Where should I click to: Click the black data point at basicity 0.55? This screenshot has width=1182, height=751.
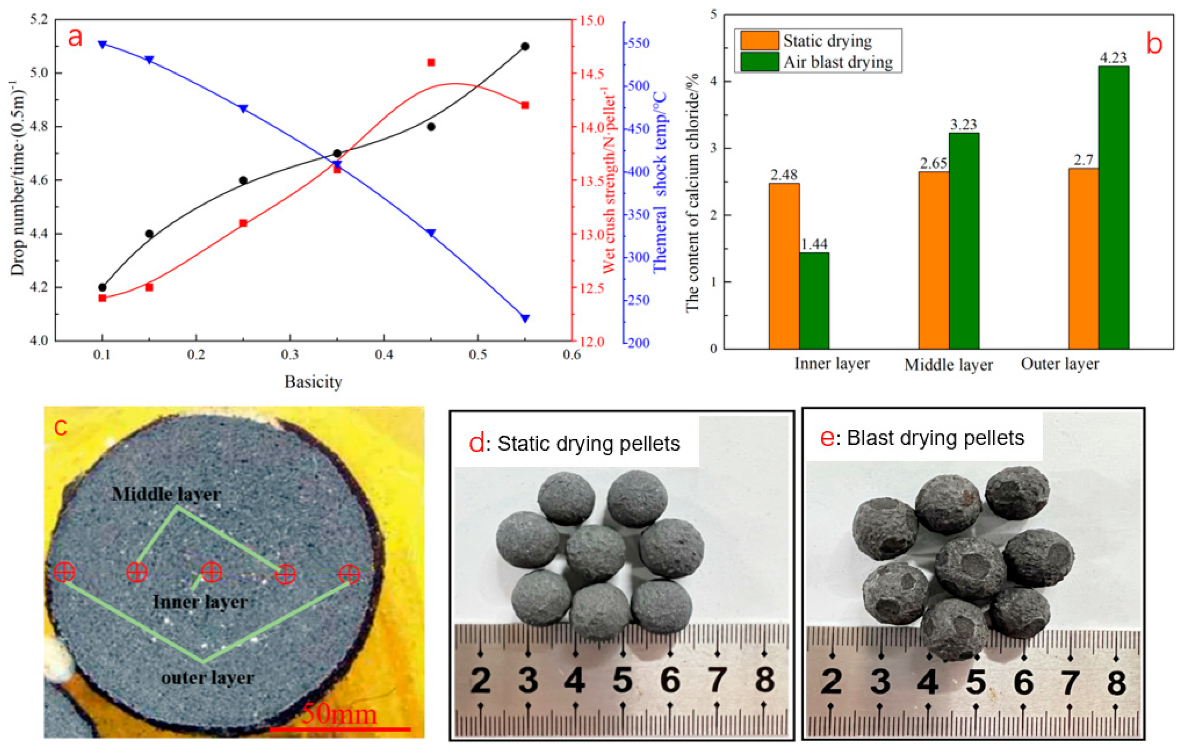[x=525, y=47]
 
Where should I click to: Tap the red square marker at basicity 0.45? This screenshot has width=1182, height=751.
[x=431, y=63]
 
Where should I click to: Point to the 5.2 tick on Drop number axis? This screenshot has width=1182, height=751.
[x=39, y=20]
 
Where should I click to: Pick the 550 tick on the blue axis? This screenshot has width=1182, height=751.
[x=639, y=43]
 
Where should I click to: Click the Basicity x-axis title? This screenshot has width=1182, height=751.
[x=313, y=382]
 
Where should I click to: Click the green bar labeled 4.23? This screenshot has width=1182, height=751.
[x=1114, y=206]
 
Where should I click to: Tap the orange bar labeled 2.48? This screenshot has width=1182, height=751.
[x=784, y=265]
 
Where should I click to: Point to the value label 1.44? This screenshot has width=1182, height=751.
[x=814, y=244]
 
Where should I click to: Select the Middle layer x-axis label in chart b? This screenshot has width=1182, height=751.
[x=948, y=365]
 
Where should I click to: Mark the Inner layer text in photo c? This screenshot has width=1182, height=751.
[x=200, y=602]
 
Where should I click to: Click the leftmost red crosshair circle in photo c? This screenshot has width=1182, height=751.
[x=64, y=572]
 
